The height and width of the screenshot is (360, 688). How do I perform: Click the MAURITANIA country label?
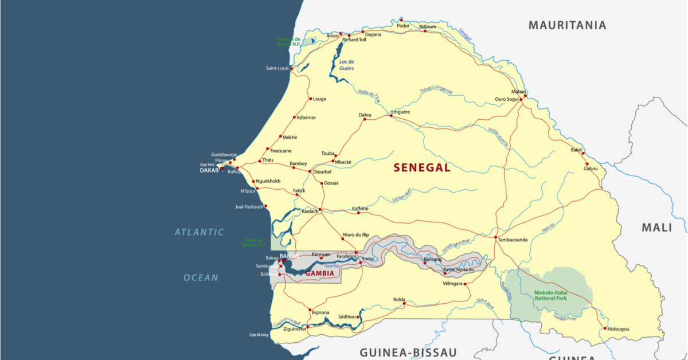click(567, 25)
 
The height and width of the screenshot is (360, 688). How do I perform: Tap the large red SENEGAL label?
click(422, 168)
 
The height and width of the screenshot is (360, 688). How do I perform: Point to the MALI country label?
click(656, 228)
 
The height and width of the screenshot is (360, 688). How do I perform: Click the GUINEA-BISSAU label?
click(408, 351)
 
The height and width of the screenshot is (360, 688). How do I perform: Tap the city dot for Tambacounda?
click(495, 236)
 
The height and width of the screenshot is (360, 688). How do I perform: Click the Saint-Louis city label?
click(277, 68)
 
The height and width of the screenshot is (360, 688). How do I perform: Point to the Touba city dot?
click(336, 155)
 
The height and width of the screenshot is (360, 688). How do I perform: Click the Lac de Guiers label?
click(346, 65)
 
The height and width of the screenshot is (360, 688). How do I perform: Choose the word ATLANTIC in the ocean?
click(199, 232)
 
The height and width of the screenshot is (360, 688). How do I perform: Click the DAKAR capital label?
click(209, 170)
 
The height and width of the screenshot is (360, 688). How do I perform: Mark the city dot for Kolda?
click(404, 304)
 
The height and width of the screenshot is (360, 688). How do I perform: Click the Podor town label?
click(403, 25)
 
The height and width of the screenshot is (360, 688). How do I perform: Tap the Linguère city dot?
click(391, 115)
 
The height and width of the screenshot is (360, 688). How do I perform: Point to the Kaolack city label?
click(310, 212)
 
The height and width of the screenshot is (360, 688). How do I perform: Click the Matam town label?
click(519, 92)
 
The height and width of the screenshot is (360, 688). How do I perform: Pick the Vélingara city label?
click(453, 284)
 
